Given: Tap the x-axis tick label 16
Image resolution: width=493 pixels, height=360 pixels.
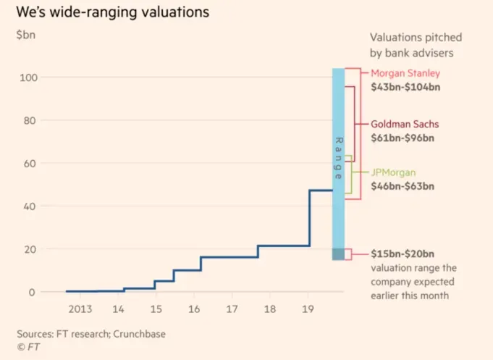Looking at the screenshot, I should tap(193, 309).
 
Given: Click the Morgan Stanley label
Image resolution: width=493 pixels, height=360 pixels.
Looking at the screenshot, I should tap(405, 73).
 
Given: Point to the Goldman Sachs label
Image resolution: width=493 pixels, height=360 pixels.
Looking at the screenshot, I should tap(405, 123).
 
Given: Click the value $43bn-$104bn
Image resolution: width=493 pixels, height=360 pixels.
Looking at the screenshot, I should tap(405, 87).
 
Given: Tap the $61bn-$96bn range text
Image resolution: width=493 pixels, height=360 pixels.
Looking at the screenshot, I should tap(403, 137).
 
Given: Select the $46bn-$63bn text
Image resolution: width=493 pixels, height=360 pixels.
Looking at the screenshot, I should tap(403, 186).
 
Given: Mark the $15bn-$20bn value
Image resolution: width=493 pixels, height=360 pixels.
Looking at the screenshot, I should tap(403, 254).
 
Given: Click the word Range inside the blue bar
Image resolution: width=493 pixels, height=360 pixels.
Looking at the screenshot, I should tap(338, 158).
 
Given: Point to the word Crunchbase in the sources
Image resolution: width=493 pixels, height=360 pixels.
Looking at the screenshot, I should tap(140, 334).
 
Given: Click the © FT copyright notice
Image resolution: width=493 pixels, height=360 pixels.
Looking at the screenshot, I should tap(29, 347).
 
